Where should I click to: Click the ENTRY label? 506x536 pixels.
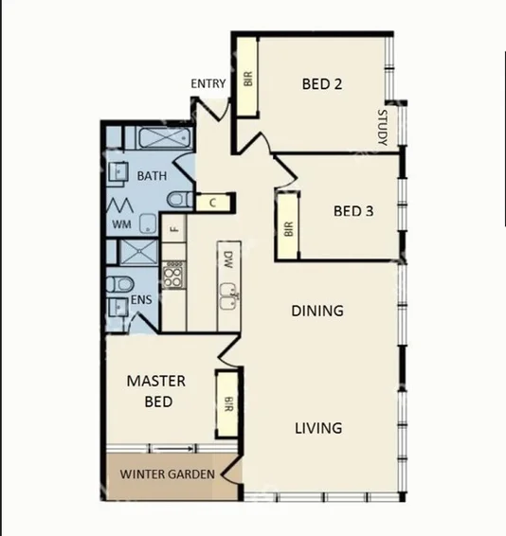coord(208,84)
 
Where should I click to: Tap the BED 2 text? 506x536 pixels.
coord(321,84)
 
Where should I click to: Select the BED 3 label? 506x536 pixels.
coord(353,210)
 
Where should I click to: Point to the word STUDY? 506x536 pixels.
coord(383,129)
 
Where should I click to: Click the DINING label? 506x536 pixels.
coord(316,311)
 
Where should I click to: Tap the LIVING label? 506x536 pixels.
coord(317,428)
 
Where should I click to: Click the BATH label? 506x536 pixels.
coord(152,176)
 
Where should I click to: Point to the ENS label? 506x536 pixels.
coord(140,299)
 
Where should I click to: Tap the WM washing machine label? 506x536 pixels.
coord(121,224)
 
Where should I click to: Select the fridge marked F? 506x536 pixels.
coord(173,227)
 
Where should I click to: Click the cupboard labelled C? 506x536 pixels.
coord(213,202)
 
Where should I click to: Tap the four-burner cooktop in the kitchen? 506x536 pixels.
coord(173,276)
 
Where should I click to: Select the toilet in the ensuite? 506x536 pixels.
coord(118,283)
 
